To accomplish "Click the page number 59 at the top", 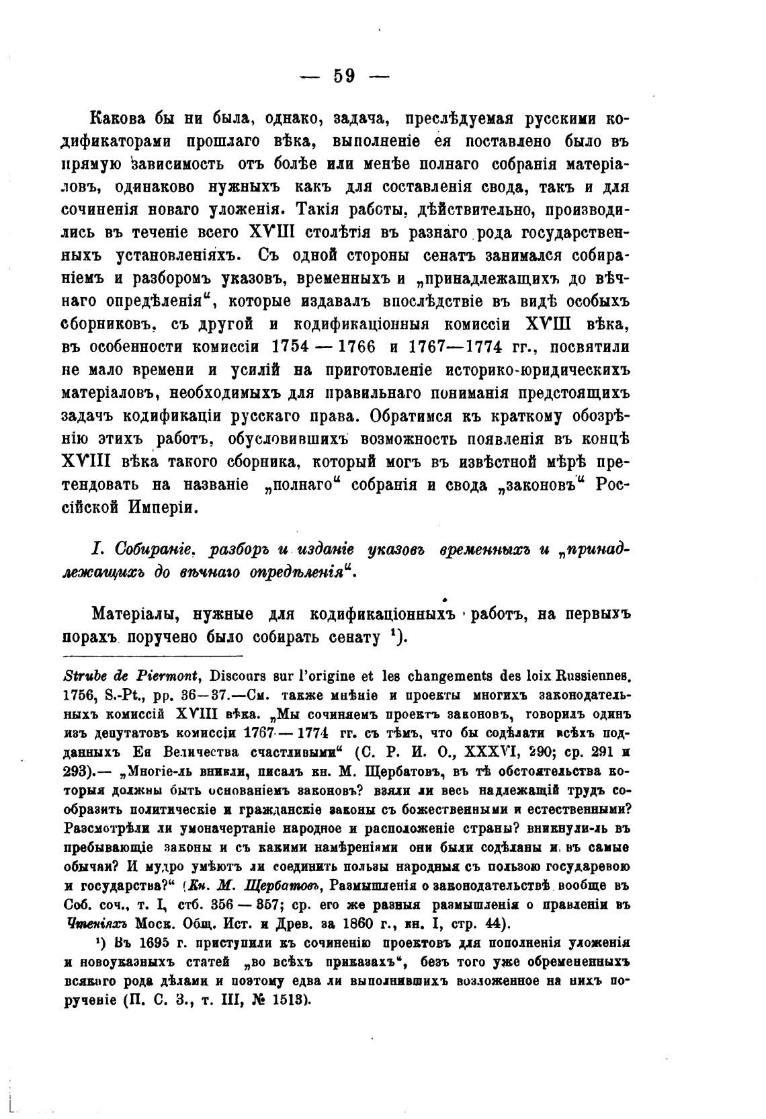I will (x=344, y=75).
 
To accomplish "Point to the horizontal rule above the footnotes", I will (x=151, y=657).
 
